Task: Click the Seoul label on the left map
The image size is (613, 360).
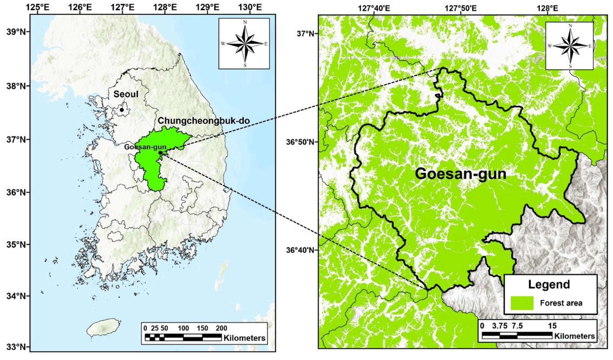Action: click(126, 94)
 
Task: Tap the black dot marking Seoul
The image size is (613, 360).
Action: click(122, 110)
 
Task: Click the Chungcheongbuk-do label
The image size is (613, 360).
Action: click(204, 121)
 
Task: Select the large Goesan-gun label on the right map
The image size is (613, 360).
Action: click(460, 174)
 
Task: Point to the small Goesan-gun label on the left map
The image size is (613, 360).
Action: click(145, 147)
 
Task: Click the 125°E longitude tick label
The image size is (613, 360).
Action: click(38, 7)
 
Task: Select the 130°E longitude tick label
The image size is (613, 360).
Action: click(250, 7)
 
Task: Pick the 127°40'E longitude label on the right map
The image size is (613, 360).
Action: click(374, 8)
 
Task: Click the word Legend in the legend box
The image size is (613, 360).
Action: click(549, 285)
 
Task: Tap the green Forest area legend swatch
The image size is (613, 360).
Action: click(522, 303)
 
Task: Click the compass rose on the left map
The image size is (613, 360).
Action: click(245, 44)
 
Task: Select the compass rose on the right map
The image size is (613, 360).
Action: click(570, 46)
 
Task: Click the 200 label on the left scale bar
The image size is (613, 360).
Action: click(221, 328)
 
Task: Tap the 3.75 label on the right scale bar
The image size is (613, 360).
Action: click(499, 326)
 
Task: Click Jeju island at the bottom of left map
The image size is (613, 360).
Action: click(103, 327)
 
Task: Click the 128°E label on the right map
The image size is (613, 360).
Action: click(547, 8)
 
